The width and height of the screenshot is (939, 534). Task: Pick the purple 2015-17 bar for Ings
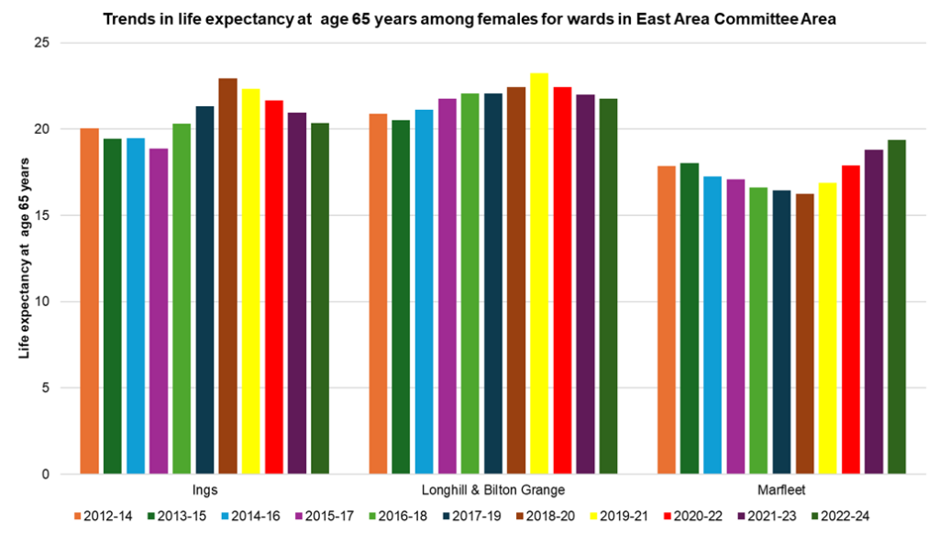159,311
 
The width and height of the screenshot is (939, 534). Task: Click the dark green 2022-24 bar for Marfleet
897,307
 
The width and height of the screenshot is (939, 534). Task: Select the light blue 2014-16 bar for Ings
136,306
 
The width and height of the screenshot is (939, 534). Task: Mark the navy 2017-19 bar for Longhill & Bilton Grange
493,284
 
